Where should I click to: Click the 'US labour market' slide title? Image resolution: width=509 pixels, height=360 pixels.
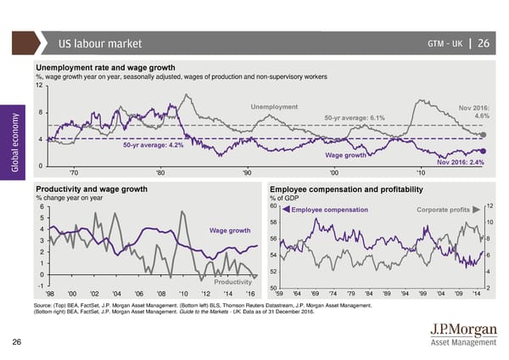tap(99, 44)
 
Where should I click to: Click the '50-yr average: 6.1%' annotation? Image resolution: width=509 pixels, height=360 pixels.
tap(355, 118)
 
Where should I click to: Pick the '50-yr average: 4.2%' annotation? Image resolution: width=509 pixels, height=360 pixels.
tap(154, 145)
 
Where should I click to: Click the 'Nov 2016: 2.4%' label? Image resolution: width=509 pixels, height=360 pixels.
tap(461, 163)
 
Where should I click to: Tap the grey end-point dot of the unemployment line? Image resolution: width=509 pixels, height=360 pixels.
tap(484, 134)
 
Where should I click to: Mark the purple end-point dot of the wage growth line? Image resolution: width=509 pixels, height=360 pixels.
tap(484, 150)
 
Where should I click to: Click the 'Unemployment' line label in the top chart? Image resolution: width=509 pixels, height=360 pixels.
tap(274, 106)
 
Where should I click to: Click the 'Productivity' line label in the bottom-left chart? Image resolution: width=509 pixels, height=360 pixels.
tap(232, 282)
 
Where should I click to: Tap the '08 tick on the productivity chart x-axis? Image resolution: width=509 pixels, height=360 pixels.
tap(161, 295)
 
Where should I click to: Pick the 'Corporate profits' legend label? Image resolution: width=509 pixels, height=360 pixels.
tap(444, 210)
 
